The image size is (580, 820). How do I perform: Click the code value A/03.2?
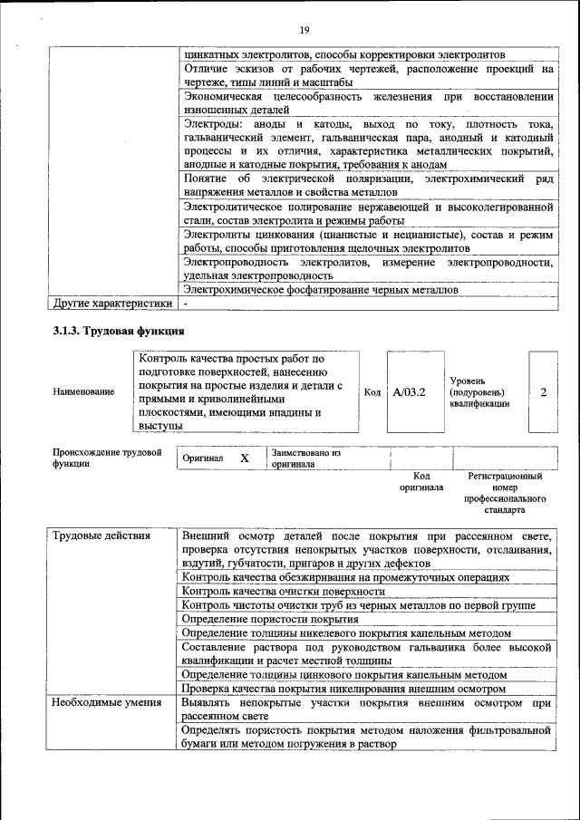pos(410,392)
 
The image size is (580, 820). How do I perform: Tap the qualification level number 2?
pos(543,392)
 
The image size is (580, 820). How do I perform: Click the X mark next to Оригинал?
pos(245,458)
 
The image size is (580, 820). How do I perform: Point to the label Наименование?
pos(83,391)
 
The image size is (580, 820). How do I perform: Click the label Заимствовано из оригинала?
pos(305,458)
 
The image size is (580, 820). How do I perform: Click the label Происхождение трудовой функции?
pos(106,456)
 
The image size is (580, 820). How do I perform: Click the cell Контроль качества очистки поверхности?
pos(284,591)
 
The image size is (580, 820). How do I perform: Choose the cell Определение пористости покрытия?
pos(270,619)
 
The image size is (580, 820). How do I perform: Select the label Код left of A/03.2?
pos(372,392)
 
